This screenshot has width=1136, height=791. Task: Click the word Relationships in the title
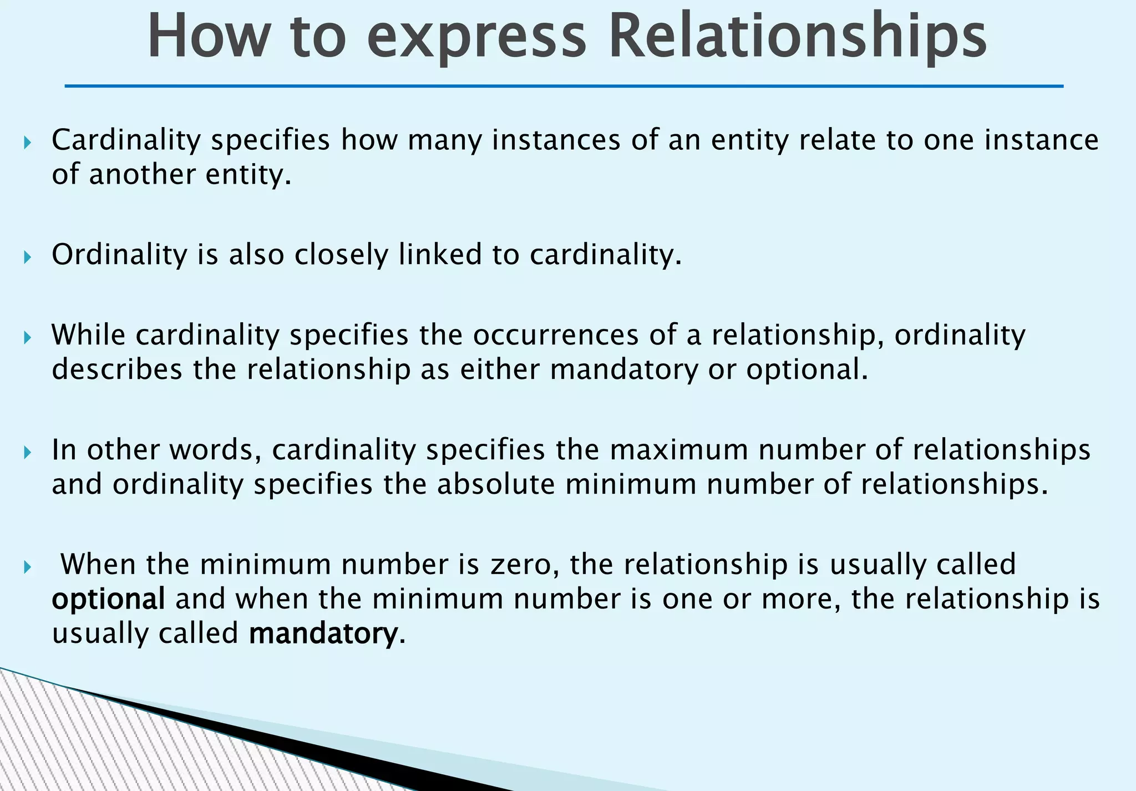pos(797,37)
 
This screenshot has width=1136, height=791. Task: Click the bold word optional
pos(108,599)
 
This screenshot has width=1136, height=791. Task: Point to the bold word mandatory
pos(324,633)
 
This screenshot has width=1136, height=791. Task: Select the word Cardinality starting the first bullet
pos(126,140)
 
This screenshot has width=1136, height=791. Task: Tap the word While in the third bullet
pos(88,334)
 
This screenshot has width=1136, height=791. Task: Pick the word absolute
pos(495,484)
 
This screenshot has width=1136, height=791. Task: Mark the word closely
pos(341,255)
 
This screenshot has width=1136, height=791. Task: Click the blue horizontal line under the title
pos(564,86)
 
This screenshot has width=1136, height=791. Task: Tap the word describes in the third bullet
pos(117,369)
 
